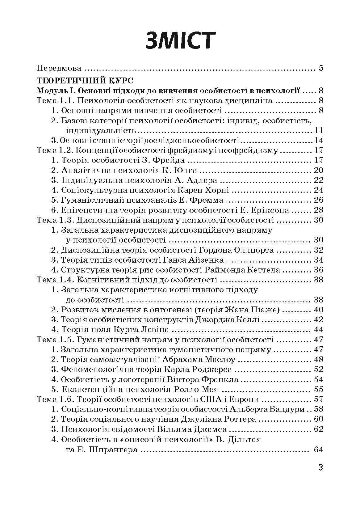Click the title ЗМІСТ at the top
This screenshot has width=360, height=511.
pyautogui.click(x=180, y=40)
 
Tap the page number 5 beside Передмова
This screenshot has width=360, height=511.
pyautogui.click(x=321, y=68)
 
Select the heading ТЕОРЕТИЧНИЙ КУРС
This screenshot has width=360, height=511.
pyautogui.click(x=85, y=81)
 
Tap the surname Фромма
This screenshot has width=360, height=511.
pyautogui.click(x=207, y=200)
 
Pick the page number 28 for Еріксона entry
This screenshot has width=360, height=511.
pyautogui.click(x=318, y=210)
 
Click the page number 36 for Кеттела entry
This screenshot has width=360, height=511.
pyautogui.click(x=318, y=270)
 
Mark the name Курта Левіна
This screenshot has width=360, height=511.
pyautogui.click(x=146, y=329)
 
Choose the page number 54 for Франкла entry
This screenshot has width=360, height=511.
pyautogui.click(x=318, y=379)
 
